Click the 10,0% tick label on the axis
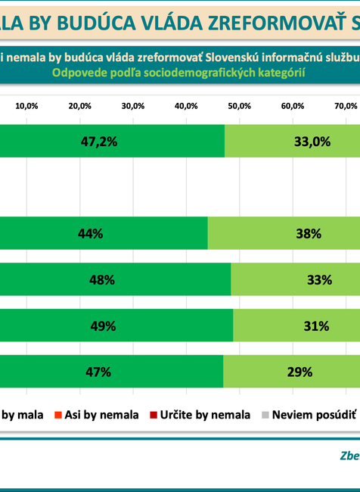pyautogui.click(x=26, y=106)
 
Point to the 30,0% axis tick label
pyautogui.click(x=133, y=106)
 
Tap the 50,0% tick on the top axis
pyautogui.click(x=240, y=106)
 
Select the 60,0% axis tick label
pyautogui.click(x=293, y=106)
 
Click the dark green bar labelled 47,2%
pyautogui.click(x=112, y=141)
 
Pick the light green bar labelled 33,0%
pyautogui.click(x=292, y=141)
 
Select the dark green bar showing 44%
pyautogui.click(x=104, y=234)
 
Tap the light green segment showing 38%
pyautogui.click(x=284, y=234)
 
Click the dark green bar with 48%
pyautogui.click(x=115, y=279)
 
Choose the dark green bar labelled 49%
pyautogui.click(x=116, y=325)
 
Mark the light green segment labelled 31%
pyautogui.click(x=296, y=325)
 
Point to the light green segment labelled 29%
pyautogui.click(x=291, y=371)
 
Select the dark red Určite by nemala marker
pyautogui.click(x=154, y=415)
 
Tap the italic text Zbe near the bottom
pyautogui.click(x=349, y=456)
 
